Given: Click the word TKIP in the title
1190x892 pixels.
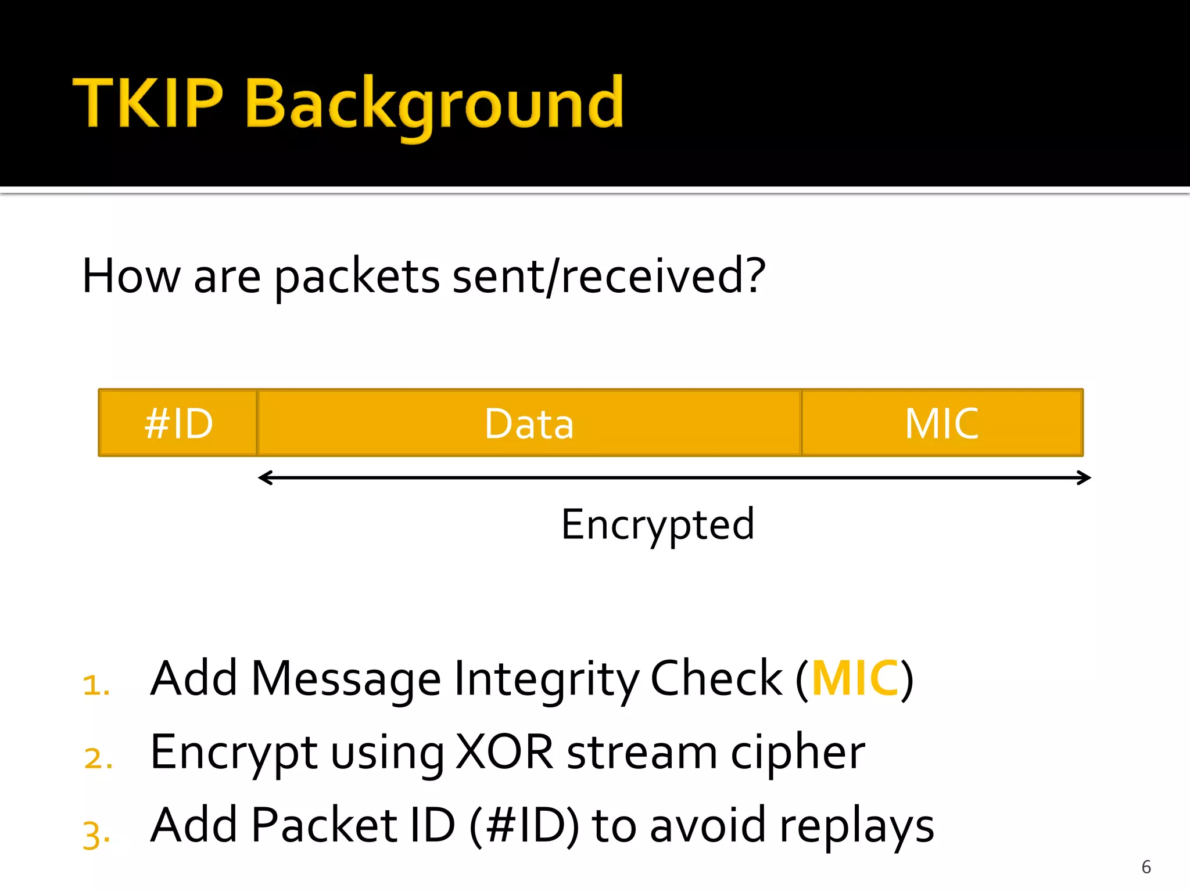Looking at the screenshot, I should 148,103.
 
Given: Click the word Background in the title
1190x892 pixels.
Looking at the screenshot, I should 435,105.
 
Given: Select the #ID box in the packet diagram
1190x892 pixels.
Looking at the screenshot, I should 178,423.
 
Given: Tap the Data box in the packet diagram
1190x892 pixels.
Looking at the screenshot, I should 529,423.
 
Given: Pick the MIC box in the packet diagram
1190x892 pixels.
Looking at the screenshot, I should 941,423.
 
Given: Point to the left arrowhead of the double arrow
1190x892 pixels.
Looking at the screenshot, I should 265,478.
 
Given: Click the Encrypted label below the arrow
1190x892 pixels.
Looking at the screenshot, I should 657,524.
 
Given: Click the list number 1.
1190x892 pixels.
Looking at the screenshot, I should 96,685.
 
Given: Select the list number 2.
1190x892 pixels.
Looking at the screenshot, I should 98,758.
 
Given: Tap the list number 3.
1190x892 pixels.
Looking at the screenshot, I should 96,834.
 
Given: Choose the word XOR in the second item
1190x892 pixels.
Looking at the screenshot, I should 504,753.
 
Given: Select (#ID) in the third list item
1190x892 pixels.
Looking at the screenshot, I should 524,826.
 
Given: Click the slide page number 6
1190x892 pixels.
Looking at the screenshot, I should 1146,867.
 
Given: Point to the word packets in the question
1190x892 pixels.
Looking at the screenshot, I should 357,278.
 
